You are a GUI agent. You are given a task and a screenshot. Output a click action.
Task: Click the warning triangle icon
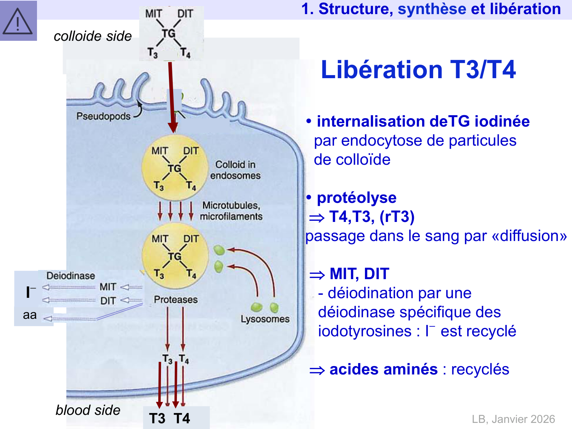pyautogui.click(x=18, y=21)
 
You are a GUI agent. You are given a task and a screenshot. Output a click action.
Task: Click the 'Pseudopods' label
pyautogui.click(x=103, y=116)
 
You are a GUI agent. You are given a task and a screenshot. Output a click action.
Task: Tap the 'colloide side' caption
pyautogui.click(x=93, y=36)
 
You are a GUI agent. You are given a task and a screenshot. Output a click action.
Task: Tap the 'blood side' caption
pyautogui.click(x=88, y=410)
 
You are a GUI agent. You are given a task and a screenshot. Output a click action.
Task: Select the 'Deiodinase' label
pyautogui.click(x=71, y=276)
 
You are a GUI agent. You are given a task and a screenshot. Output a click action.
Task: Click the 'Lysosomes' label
pyautogui.click(x=265, y=319)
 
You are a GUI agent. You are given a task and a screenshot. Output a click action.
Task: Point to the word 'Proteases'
pyautogui.click(x=176, y=300)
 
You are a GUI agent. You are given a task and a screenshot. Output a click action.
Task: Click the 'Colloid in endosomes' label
pyautogui.click(x=235, y=170)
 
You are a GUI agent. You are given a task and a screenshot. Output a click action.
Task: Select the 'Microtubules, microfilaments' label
pyautogui.click(x=231, y=211)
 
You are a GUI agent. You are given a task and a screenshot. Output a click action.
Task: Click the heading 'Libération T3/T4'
pyautogui.click(x=418, y=70)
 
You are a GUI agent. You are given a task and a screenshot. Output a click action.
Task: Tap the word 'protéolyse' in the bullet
pyautogui.click(x=357, y=198)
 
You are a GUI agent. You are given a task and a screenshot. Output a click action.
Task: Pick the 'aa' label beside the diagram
pyautogui.click(x=30, y=315)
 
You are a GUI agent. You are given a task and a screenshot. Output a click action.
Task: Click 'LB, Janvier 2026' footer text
pyautogui.click(x=513, y=419)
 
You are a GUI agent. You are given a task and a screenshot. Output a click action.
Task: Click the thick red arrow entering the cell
pyautogui.click(x=171, y=95)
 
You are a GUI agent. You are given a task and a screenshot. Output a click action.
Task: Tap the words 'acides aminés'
pyautogui.click(x=383, y=370)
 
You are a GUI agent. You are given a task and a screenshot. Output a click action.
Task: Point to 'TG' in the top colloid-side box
pyautogui.click(x=169, y=34)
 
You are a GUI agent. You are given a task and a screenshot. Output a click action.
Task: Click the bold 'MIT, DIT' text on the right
pyautogui.click(x=359, y=274)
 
